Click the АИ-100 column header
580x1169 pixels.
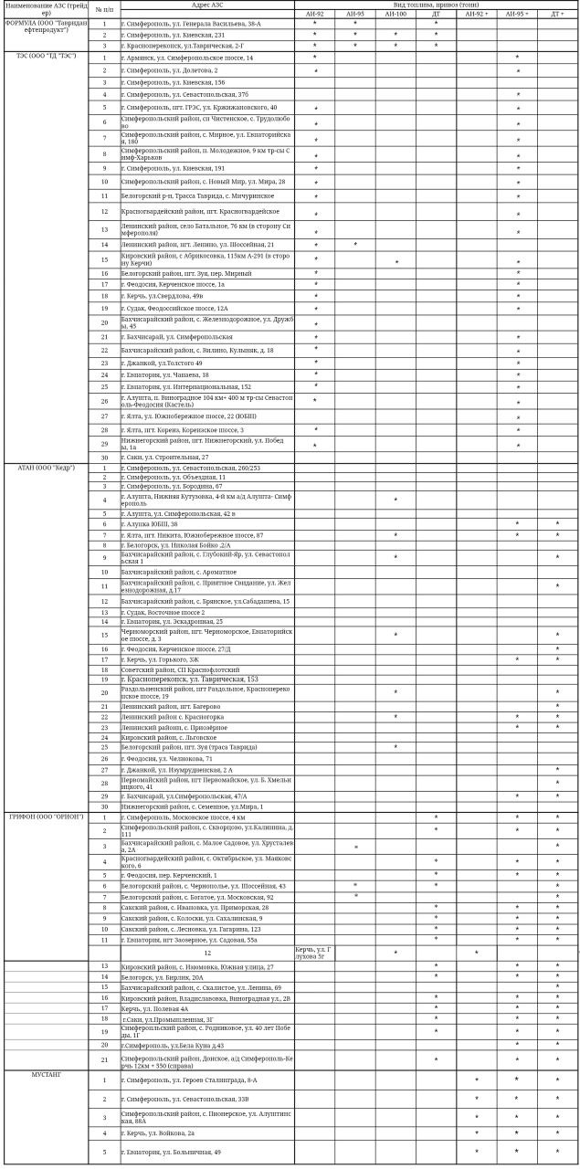tap(395, 15)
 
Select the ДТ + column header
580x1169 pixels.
tap(557, 15)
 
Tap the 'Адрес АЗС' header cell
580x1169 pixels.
tap(207, 5)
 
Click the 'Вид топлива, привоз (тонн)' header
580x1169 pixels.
tap(436, 5)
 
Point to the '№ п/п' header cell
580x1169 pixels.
tap(104, 9)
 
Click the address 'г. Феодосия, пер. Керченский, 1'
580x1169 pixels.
tap(168, 875)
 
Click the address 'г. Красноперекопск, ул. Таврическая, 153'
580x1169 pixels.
tap(189, 679)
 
